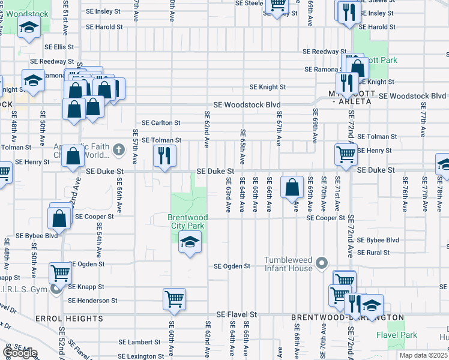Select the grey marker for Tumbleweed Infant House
click(322, 263)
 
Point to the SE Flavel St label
click(237, 314)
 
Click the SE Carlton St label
click(161, 122)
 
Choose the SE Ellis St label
click(58, 47)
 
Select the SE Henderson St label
click(92, 301)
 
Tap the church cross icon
click(119, 148)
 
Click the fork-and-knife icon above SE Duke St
click(164, 156)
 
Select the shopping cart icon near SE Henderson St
click(174, 298)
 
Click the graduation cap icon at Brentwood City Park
click(190, 242)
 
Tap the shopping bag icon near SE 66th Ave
click(292, 186)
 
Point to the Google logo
click(20, 353)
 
